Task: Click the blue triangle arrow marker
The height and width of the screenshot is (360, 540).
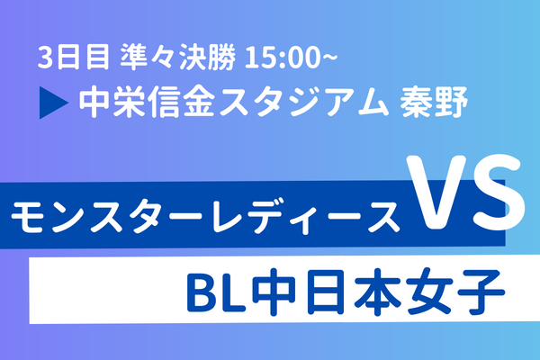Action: [52, 103]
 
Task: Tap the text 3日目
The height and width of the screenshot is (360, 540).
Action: [74, 58]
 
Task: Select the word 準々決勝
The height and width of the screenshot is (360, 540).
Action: [178, 58]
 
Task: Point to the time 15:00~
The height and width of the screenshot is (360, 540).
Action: [291, 58]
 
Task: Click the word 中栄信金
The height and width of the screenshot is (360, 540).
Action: [147, 102]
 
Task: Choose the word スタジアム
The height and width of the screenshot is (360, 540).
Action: [304, 103]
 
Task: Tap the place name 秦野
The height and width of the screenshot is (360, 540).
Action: [434, 102]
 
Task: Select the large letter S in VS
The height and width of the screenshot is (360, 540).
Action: [499, 193]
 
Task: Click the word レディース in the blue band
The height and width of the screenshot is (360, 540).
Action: [305, 216]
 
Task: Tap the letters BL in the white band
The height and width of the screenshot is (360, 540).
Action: [216, 292]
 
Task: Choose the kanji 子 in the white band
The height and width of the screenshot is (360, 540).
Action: [481, 292]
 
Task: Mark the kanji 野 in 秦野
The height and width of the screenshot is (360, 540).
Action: [451, 102]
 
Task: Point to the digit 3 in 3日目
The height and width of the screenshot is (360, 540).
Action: [44, 58]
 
